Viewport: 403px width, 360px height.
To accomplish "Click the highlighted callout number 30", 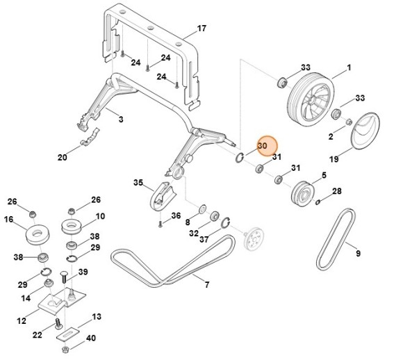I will pyautogui.click(x=263, y=147).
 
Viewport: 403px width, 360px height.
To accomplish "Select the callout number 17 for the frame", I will pyautogui.click(x=201, y=29).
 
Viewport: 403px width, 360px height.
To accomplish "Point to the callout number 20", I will pyautogui.click(x=62, y=158).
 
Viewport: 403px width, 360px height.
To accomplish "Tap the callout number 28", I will pyautogui.click(x=337, y=191).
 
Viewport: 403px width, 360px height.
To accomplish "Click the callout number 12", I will pyautogui.click(x=22, y=321).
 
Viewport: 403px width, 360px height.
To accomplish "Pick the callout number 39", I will pyautogui.click(x=83, y=272).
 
